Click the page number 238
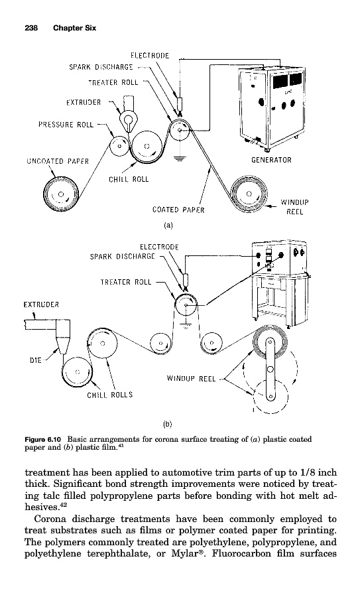[x=31, y=28]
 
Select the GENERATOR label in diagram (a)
[x=271, y=160]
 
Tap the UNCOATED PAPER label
[x=58, y=161]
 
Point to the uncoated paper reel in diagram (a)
[x=60, y=195]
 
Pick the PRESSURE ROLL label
[x=66, y=125]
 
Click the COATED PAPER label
[x=178, y=210]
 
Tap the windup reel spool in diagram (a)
[x=249, y=194]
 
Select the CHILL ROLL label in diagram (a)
[x=129, y=179]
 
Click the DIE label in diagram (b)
[x=35, y=360]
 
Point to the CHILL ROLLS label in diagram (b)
[x=110, y=395]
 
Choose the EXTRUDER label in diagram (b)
[x=41, y=304]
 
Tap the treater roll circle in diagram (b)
[x=186, y=305]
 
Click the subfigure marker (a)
[x=168, y=226]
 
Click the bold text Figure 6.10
[x=42, y=439]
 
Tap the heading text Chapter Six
[x=75, y=28]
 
